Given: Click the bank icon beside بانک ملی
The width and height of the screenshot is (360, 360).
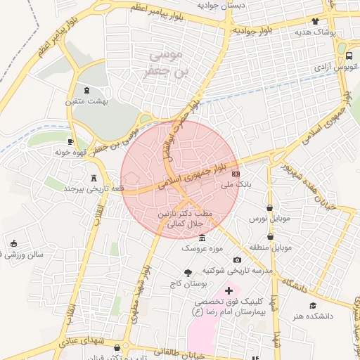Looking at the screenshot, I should [236, 173].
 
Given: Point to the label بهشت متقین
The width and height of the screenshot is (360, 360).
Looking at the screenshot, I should [86, 102].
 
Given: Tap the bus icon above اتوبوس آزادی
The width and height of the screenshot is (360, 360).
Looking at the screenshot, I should [349, 56].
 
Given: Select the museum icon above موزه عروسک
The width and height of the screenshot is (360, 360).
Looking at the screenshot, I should [202, 238].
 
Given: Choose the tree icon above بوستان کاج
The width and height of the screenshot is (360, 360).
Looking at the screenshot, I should [188, 273].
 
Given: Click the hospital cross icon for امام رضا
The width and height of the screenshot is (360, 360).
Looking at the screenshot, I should [228, 290].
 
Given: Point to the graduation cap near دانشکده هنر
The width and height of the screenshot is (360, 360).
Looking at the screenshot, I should [313, 305].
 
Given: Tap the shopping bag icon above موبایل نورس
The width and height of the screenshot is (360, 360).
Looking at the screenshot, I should [271, 208].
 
